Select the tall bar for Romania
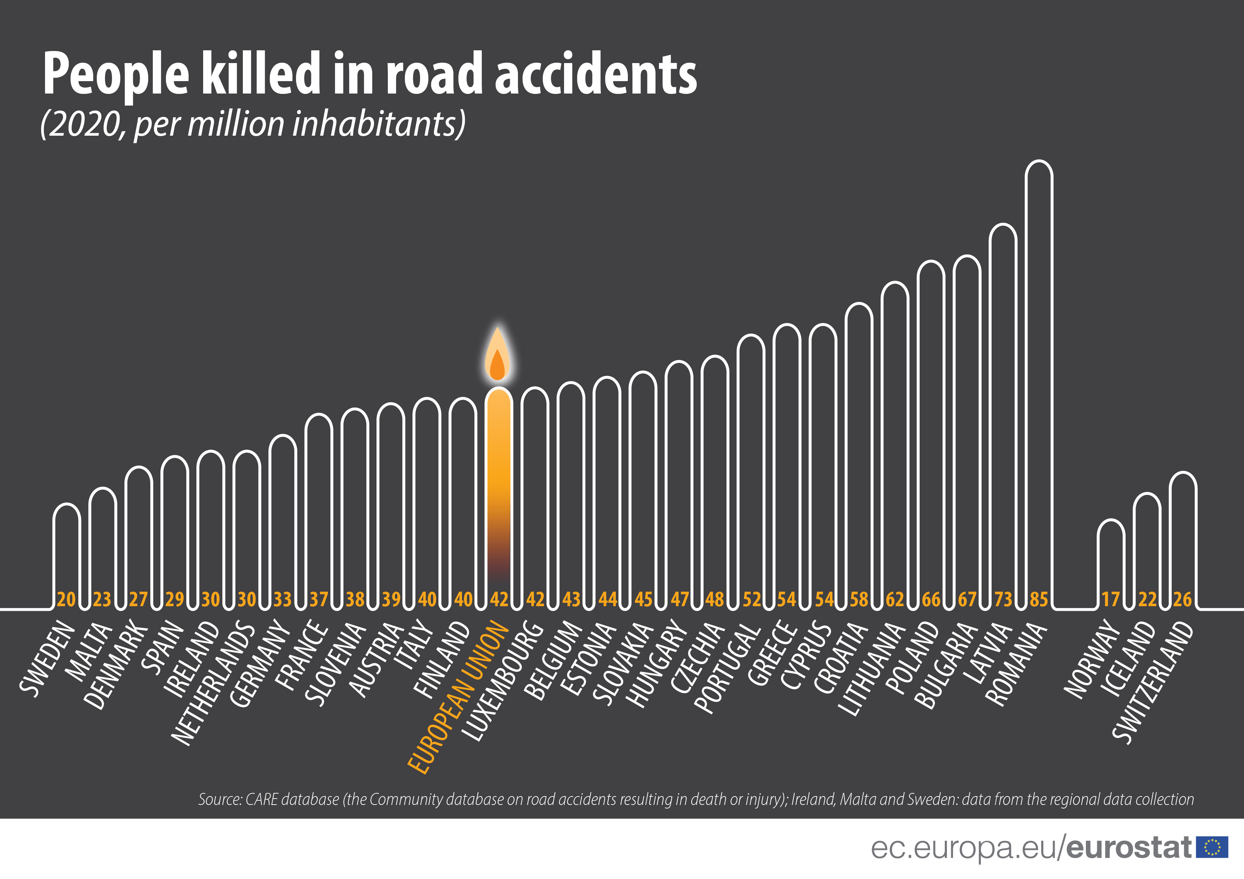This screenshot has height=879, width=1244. pos(1039,379)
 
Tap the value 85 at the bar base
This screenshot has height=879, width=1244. pos(1039,599)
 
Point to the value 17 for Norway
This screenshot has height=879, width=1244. pos(1111,599)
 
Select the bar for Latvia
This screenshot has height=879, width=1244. pos(1003,412)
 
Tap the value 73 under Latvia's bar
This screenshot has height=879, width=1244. pos(1003,599)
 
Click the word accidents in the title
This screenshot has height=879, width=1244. pos(596,74)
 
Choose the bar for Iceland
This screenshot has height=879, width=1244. pos(1147,547)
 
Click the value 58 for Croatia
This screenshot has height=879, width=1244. pos(859,599)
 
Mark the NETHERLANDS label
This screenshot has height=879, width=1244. pos(212,685)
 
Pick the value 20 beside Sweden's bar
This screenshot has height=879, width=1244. pos(66,599)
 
